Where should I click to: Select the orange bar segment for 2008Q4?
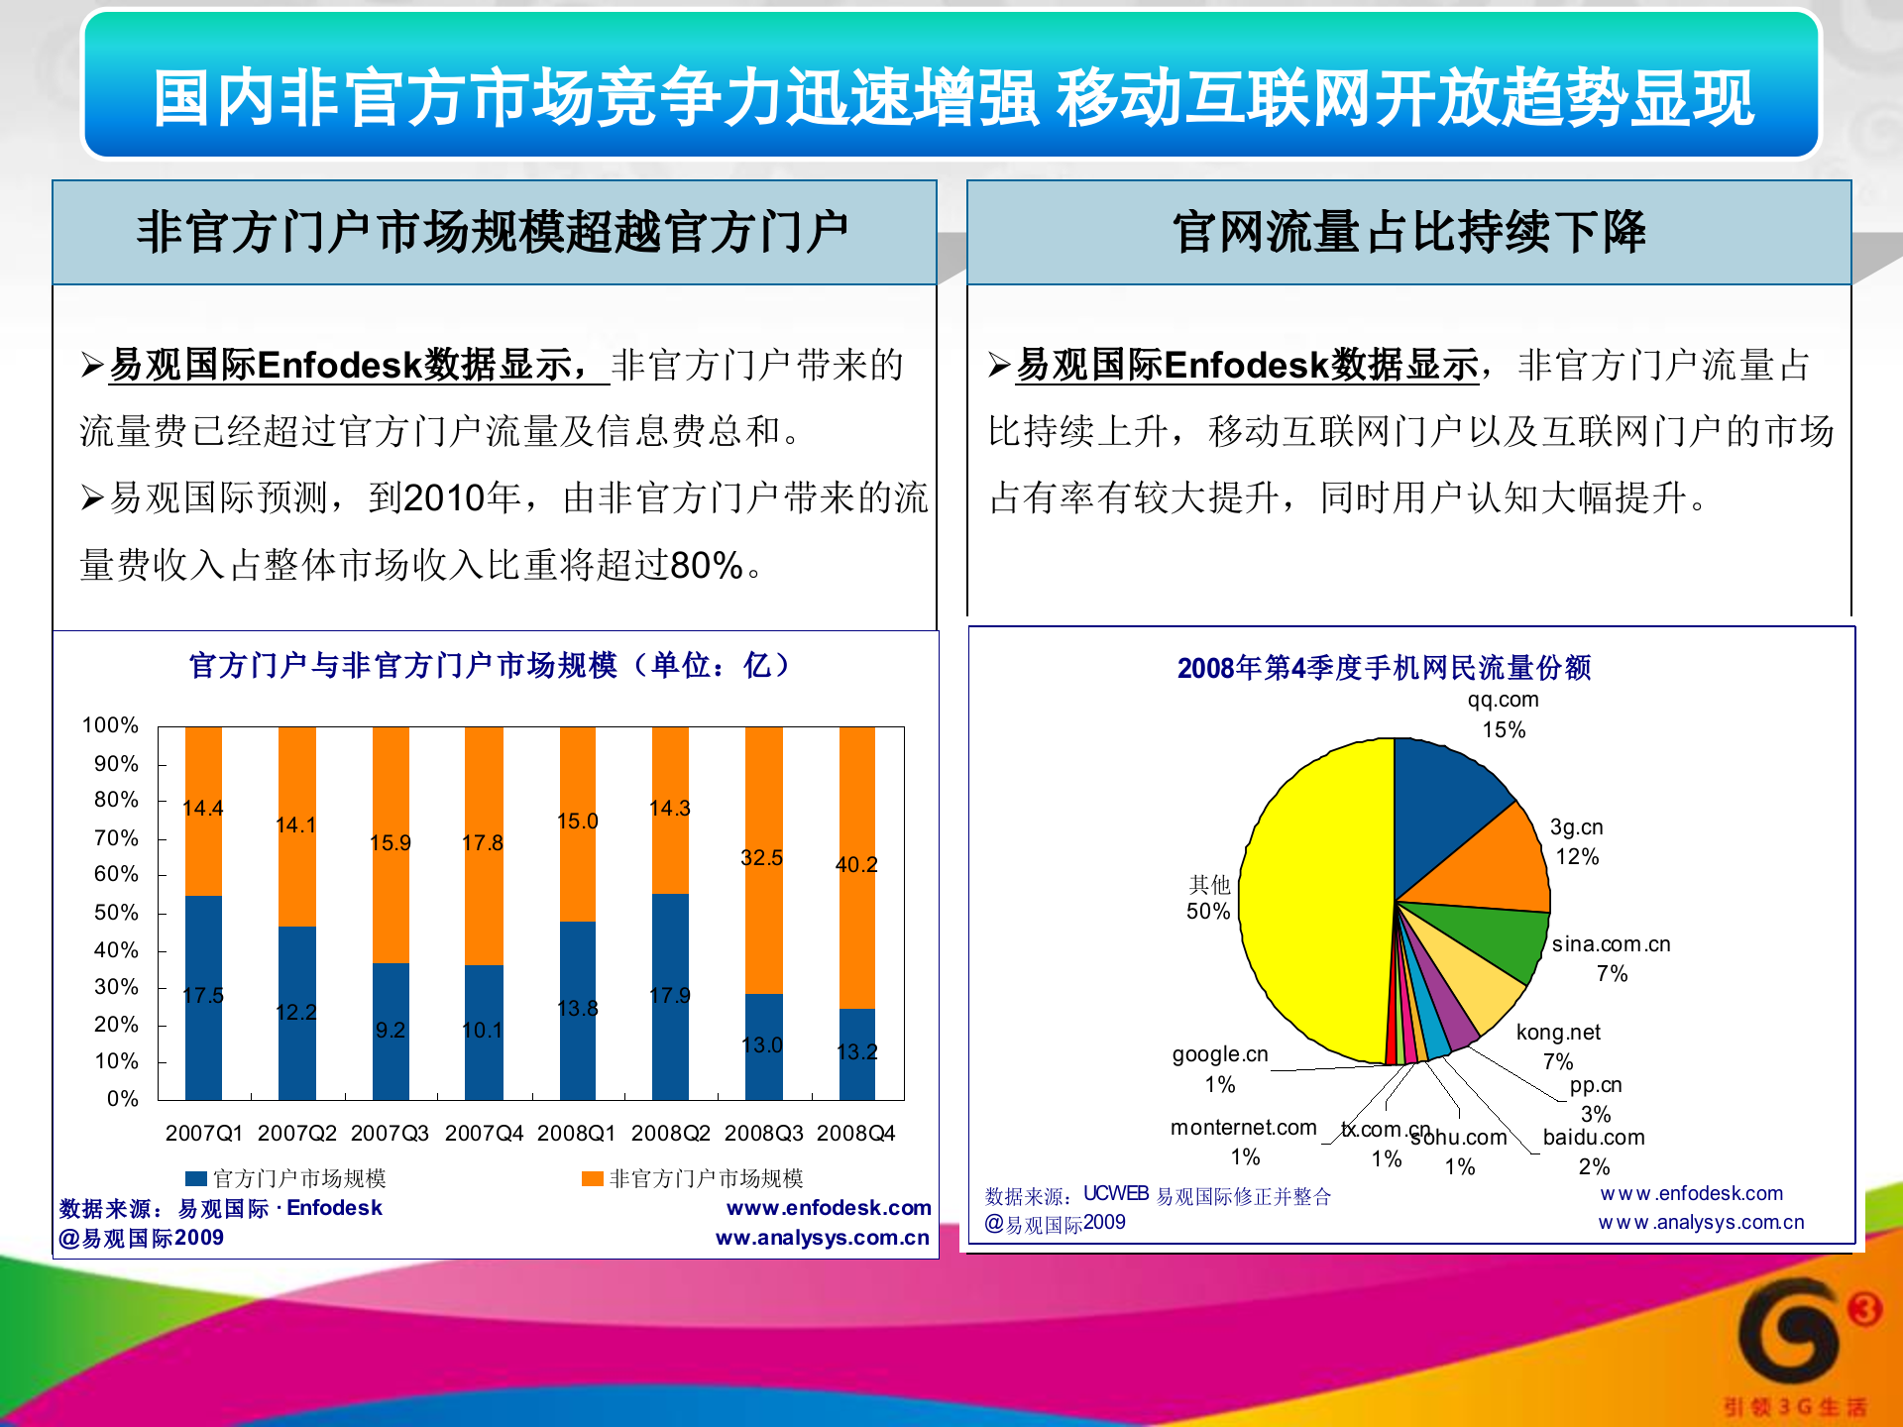857,867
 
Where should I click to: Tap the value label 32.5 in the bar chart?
761,858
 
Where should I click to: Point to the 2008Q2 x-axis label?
670,1133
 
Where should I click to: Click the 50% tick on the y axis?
116,912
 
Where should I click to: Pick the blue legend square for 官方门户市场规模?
196,1178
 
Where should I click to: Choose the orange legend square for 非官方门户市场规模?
593,1178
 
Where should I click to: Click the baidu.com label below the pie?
1594,1138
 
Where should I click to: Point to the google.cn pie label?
1220,1054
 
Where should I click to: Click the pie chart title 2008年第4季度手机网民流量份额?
1384,668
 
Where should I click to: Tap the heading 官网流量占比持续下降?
1408,232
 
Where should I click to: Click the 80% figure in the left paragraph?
707,566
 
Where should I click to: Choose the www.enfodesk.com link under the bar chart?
829,1208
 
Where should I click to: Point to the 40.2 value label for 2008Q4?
856,864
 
